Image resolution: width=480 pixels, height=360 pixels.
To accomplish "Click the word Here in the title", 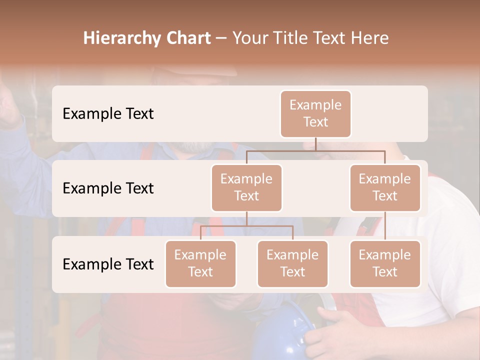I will pos(368,38).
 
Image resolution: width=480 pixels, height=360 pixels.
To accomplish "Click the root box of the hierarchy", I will pos(315,113).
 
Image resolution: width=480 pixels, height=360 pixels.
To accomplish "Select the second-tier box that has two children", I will pos(246,187).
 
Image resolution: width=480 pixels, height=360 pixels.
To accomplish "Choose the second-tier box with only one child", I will pos(385,187).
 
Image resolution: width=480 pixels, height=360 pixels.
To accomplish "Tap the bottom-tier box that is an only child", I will pos(385,263).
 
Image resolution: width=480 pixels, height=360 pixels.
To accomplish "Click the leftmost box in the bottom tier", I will pos(200,263).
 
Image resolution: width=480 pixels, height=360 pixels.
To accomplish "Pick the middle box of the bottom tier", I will pos(292,263).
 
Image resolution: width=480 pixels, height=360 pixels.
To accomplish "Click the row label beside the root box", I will pos(108,113).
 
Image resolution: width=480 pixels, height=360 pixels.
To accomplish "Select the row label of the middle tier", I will pos(108,188).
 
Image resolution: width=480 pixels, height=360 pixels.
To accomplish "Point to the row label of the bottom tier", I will pos(108,264).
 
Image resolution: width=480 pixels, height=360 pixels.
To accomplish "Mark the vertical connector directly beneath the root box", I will pos(315,144).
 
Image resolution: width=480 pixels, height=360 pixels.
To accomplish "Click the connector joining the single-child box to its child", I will pos(385,226).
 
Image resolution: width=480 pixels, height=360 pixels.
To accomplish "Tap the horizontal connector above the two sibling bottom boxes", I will pos(246,226).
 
